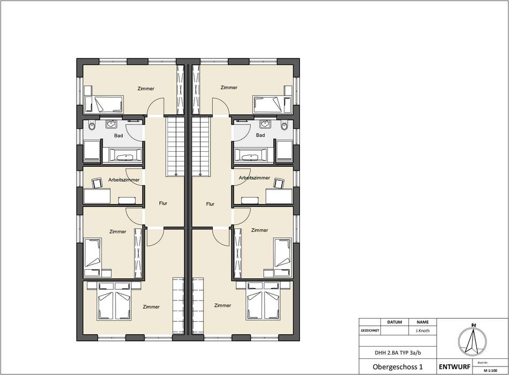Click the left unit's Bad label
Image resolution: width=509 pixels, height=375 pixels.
tap(118, 136)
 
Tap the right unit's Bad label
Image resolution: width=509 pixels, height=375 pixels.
tap(260, 135)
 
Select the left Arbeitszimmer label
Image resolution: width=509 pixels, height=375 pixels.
tap(124, 180)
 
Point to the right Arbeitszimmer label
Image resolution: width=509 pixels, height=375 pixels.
tap(254, 178)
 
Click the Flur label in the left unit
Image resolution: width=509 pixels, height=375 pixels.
tap(163, 203)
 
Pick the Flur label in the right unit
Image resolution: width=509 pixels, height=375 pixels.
tap(210, 204)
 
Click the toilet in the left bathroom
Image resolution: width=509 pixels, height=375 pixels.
tap(91, 126)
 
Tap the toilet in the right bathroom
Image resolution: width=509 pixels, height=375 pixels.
tap(285, 126)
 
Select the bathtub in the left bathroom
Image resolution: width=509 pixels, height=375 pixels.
tap(125, 156)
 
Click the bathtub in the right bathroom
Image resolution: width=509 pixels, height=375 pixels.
tap(251, 156)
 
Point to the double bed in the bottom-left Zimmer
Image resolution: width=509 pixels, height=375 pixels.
tap(115, 300)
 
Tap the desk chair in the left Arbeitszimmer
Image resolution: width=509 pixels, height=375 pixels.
tap(97, 183)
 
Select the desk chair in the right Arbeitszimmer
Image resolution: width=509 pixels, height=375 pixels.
tap(279, 183)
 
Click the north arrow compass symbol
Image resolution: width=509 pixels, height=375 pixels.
tap(473, 340)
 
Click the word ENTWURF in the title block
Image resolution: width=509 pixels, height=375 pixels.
tap(454, 367)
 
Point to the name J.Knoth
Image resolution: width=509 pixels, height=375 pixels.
tap(422, 330)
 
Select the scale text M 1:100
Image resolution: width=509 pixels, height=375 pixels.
tap(490, 371)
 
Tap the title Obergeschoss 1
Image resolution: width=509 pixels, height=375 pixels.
tap(398, 367)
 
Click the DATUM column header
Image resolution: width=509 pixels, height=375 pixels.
tap(394, 322)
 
